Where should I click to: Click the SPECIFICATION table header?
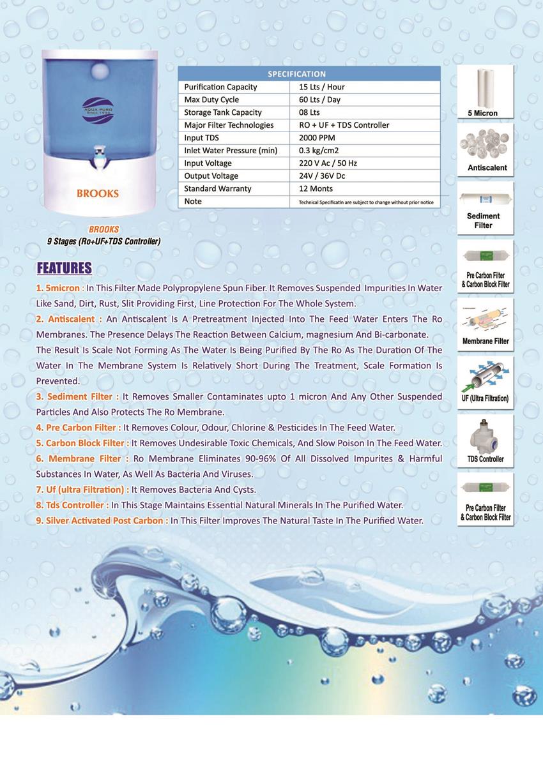[296, 74]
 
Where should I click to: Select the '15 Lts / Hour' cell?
[322, 87]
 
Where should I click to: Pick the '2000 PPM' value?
[317, 138]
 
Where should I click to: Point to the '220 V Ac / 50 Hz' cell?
[328, 163]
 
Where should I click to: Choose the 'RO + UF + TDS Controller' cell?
[344, 125]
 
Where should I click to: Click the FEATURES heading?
[64, 267]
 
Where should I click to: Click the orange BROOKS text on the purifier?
[98, 193]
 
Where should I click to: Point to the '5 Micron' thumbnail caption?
[482, 114]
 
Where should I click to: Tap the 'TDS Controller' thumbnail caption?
[486, 459]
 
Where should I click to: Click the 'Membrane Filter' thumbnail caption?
[486, 341]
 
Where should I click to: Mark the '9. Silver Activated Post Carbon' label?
[102, 520]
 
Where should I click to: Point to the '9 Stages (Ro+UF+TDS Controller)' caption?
[103, 241]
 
